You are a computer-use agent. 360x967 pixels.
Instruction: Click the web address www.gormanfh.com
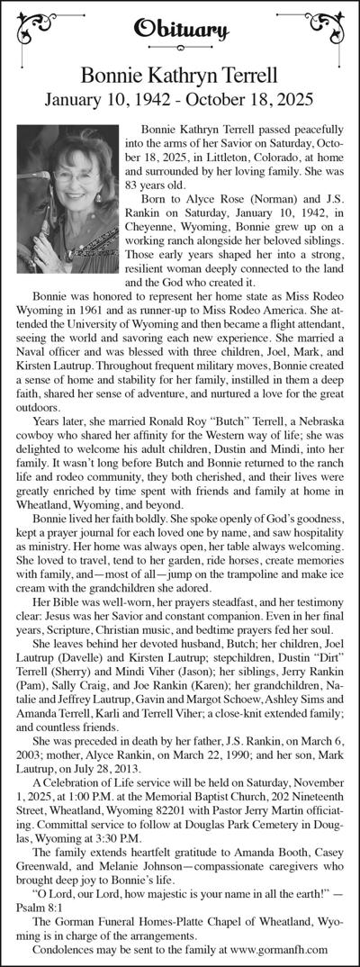(x=279, y=950)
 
